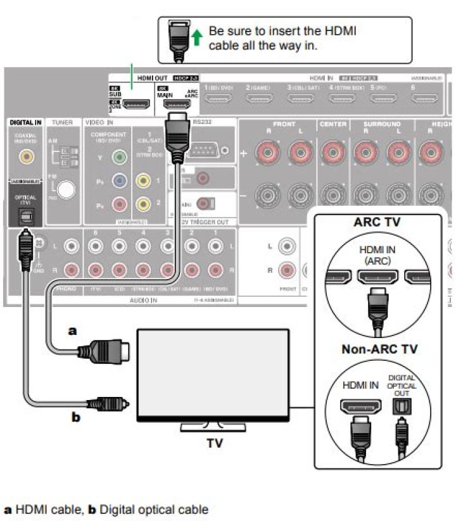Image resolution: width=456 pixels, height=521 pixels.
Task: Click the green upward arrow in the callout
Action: [197, 38]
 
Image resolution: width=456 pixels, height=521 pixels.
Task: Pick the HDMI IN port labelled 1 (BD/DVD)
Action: [219, 99]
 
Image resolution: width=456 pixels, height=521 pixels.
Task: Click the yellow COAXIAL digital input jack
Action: [27, 154]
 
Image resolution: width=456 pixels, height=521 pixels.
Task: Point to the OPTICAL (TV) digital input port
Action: [27, 216]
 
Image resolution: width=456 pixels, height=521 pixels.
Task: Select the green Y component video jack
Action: [118, 158]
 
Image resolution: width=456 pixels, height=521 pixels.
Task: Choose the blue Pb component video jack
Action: [118, 181]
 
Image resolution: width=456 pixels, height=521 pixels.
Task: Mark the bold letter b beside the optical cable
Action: [75, 417]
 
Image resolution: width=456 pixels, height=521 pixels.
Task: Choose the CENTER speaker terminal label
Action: [333, 124]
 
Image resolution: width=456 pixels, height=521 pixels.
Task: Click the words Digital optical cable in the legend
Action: [154, 509]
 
